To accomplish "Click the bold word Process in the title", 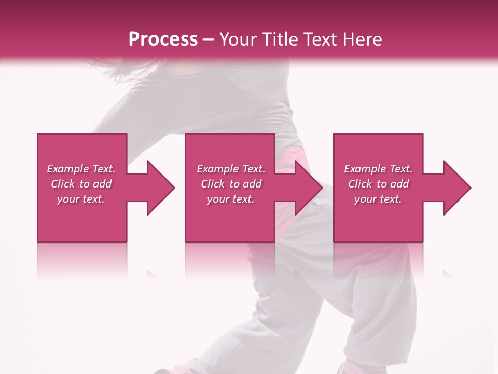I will tap(163, 39).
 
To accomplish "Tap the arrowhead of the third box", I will tap(457, 188).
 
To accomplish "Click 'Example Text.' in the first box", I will tap(81, 169).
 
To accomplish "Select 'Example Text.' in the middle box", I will tap(231, 169).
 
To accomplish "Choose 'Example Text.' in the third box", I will tap(378, 169).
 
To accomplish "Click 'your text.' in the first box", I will tap(81, 199).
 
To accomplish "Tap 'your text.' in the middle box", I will tap(231, 199).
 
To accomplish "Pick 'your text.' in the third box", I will tap(378, 199).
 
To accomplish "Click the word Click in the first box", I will tap(63, 184).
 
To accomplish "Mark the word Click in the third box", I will tap(361, 184).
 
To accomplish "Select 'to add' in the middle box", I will tap(245, 184).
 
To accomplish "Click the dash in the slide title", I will tap(209, 40).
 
